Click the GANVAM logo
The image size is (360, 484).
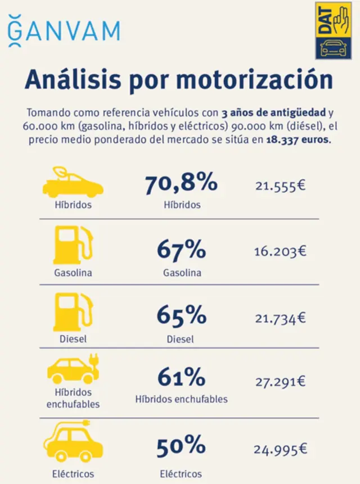coord(64,31)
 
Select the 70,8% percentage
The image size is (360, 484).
coord(181,183)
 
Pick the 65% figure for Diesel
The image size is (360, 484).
coord(181,316)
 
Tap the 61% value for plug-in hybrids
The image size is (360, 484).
coord(181,377)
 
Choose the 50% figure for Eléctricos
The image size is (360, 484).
coord(181,447)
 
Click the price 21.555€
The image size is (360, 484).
coord(280,185)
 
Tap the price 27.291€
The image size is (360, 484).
coord(280,382)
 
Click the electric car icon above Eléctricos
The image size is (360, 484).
coord(74,441)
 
